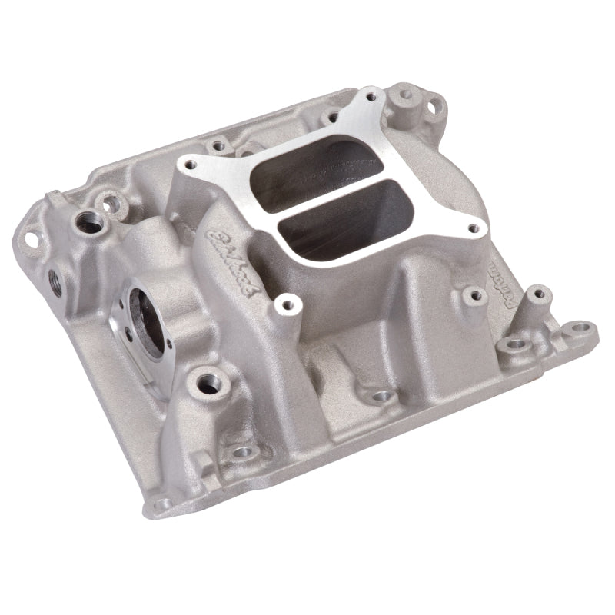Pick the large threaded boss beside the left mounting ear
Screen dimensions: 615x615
85,224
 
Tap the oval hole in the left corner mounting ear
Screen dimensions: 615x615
32,239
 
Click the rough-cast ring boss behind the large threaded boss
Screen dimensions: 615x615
115,203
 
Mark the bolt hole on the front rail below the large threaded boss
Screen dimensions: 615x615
244,452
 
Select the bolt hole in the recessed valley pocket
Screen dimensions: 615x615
378,397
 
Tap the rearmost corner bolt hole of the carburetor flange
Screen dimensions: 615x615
372,98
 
